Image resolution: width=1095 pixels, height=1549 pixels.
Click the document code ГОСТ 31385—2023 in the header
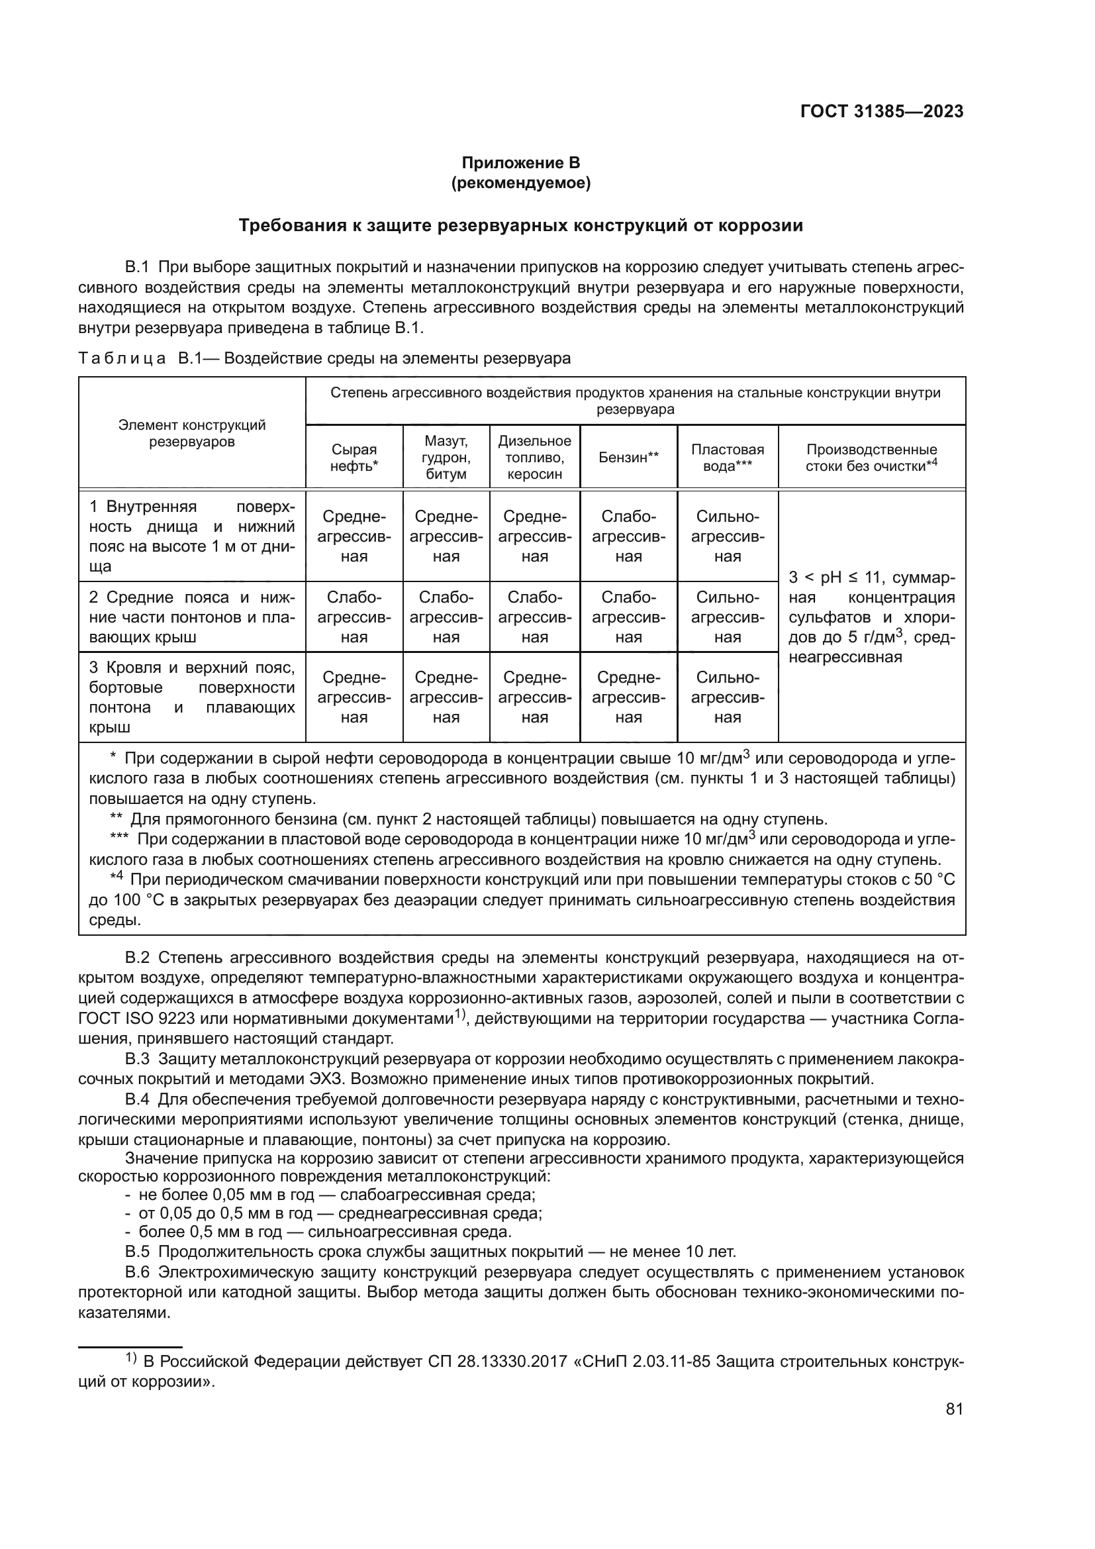(x=881, y=112)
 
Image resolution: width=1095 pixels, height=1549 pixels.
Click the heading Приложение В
(x=520, y=163)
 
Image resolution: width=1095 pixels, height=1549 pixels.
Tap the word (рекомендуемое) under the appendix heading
(x=520, y=183)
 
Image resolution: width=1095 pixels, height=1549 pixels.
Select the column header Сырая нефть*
(x=354, y=458)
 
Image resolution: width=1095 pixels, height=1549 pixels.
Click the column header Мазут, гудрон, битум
(x=446, y=458)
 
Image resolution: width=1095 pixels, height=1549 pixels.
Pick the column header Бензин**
(x=628, y=458)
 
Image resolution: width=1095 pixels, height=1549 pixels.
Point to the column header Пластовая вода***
(x=728, y=458)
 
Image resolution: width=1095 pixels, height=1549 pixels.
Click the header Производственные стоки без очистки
(x=871, y=458)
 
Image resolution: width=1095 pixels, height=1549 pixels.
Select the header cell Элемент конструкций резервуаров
(x=192, y=433)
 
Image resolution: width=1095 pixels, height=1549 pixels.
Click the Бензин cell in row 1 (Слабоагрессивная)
(x=628, y=536)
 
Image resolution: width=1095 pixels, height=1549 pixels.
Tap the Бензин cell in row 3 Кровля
(x=628, y=697)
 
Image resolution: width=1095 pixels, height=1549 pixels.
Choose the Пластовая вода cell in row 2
(x=728, y=617)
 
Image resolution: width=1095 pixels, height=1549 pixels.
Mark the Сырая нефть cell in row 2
(x=354, y=617)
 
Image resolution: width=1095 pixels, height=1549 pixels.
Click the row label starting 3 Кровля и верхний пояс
(x=192, y=697)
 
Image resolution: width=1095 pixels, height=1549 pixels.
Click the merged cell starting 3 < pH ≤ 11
(x=871, y=617)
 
